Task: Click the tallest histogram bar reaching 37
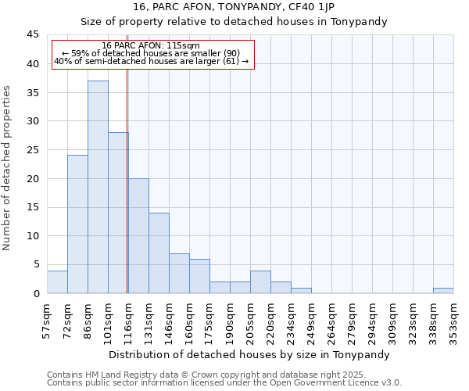pyautogui.click(x=98, y=187)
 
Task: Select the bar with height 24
pyautogui.click(x=77, y=224)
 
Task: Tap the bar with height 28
pyautogui.click(x=118, y=213)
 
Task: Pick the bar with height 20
pyautogui.click(x=138, y=235)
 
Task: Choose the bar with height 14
pyautogui.click(x=159, y=253)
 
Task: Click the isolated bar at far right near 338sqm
pyautogui.click(x=443, y=290)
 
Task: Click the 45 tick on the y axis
pyautogui.click(x=33, y=35)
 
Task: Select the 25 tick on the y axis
pyautogui.click(x=33, y=150)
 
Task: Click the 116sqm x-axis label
pyautogui.click(x=129, y=319)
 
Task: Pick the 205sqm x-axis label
pyautogui.click(x=251, y=319)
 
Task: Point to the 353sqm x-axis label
pyautogui.click(x=454, y=319)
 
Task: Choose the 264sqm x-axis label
pyautogui.click(x=332, y=319)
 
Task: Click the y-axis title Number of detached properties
pyautogui.click(x=8, y=168)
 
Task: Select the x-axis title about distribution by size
pyautogui.click(x=249, y=354)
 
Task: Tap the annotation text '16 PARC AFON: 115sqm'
pyautogui.click(x=151, y=46)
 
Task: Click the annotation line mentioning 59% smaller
pyautogui.click(x=151, y=53)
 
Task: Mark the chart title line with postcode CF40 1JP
pyautogui.click(x=234, y=7)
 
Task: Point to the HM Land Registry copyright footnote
pyautogui.click(x=207, y=375)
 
